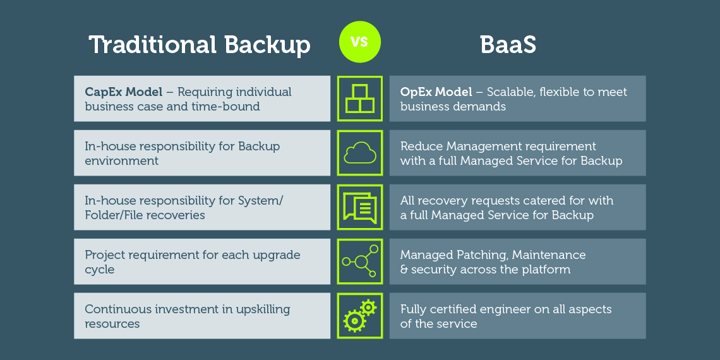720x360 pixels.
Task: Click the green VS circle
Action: (359, 42)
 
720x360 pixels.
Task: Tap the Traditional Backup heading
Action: (200, 45)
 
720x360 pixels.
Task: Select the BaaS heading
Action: (508, 45)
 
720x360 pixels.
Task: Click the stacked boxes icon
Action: (359, 99)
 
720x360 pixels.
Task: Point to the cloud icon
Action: (359, 152)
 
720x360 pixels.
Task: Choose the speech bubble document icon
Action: (359, 207)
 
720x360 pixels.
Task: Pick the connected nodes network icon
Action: (360, 261)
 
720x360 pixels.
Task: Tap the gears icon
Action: (359, 315)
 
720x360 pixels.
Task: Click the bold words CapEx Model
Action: (124, 92)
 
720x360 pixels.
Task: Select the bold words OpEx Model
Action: (436, 92)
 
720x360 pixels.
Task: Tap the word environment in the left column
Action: (122, 160)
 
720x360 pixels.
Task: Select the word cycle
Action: (100, 269)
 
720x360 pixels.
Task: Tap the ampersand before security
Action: (404, 270)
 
